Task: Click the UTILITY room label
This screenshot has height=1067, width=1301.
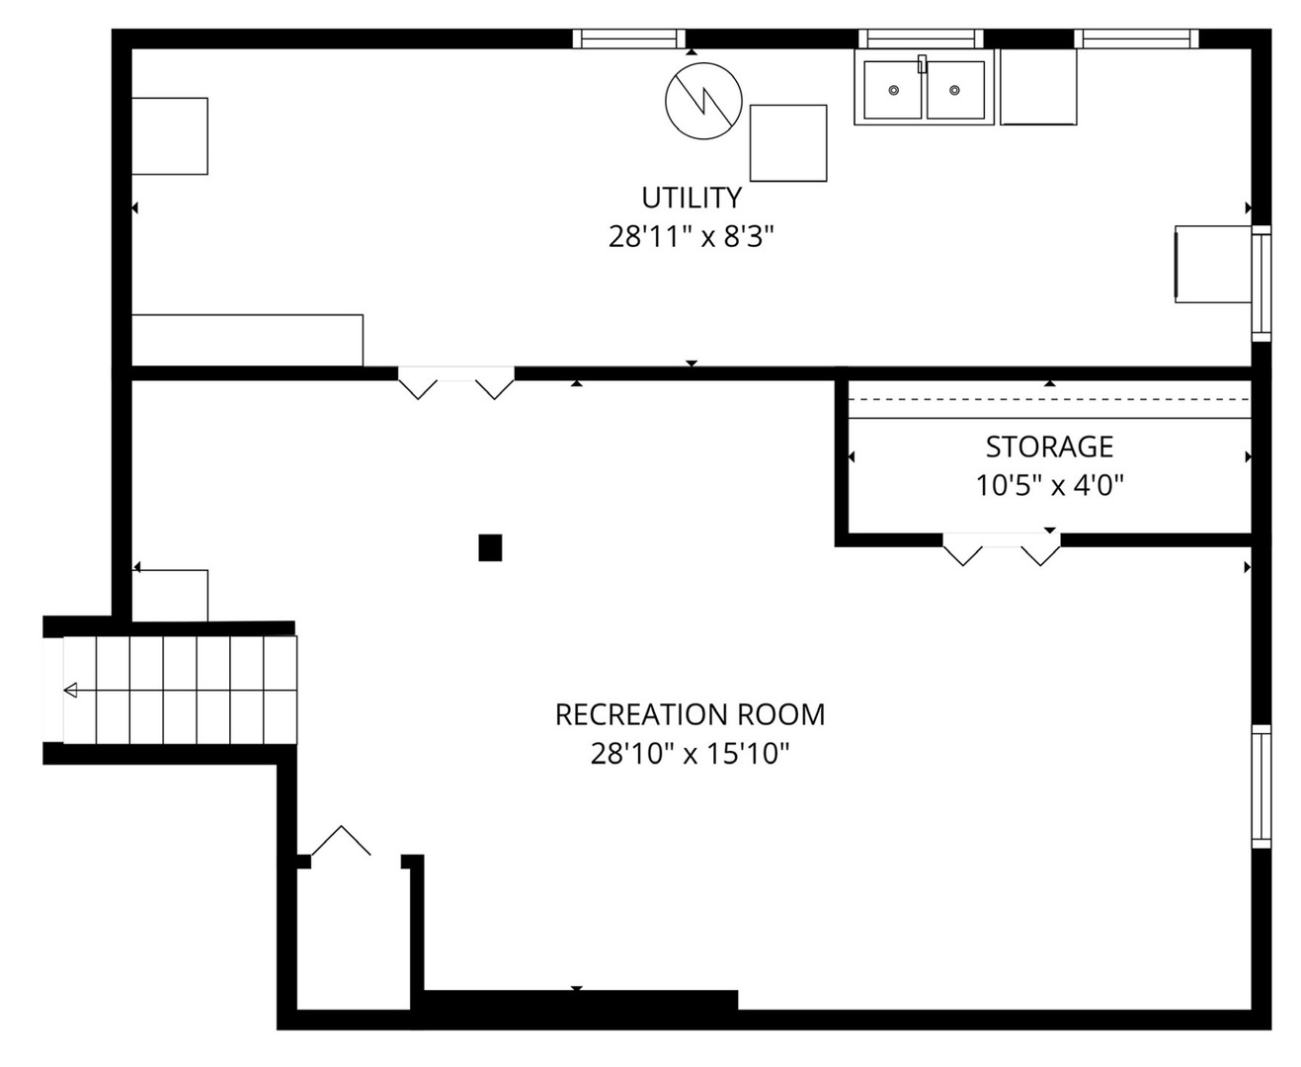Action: (691, 199)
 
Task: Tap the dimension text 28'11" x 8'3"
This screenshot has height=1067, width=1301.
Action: (691, 237)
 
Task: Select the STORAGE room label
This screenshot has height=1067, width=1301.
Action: (1049, 448)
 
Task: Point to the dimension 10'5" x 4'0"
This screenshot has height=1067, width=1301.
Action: (1049, 486)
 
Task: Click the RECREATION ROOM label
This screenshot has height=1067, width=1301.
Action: (690, 714)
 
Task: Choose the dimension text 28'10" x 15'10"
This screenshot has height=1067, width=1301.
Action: (690, 754)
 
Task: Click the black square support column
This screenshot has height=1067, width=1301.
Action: (490, 547)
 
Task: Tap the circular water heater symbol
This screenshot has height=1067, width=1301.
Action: (703, 101)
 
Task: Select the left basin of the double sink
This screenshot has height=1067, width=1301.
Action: (892, 90)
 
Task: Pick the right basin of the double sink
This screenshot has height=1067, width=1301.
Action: (955, 90)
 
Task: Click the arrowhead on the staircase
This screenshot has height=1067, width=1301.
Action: (70, 690)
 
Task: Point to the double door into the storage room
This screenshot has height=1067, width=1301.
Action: (1002, 548)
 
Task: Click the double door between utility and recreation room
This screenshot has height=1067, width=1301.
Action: (455, 382)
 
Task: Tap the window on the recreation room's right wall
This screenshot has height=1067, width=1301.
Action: (1260, 786)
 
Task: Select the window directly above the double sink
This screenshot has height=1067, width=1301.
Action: (921, 39)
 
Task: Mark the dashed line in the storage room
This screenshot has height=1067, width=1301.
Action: (1049, 399)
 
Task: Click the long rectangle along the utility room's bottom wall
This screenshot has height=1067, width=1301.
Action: (247, 340)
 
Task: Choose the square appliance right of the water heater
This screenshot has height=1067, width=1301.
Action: (787, 143)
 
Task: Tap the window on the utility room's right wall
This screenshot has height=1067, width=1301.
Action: (1260, 284)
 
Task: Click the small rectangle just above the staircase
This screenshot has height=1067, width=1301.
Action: (170, 596)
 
